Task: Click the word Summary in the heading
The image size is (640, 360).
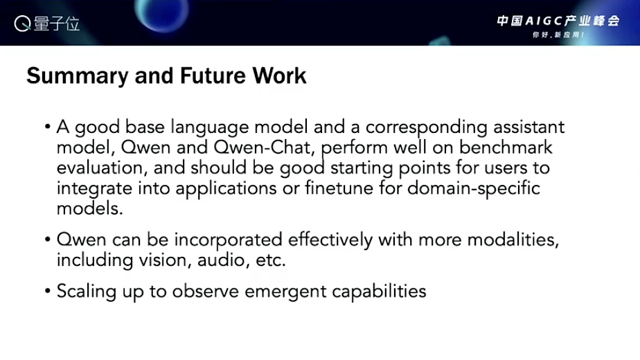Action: pyautogui.click(x=78, y=77)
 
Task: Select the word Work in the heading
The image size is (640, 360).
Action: pyautogui.click(x=279, y=75)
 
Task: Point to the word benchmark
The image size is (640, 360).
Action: pyautogui.click(x=506, y=147)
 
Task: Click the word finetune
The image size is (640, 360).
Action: pyautogui.click(x=339, y=188)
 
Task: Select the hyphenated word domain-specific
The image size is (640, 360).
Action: pyautogui.click(x=474, y=189)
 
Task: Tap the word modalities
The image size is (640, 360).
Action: pyautogui.click(x=513, y=240)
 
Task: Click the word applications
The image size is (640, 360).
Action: pyautogui.click(x=226, y=189)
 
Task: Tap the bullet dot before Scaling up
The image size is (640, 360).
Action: pyautogui.click(x=48, y=291)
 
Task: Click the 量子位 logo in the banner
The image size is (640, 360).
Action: pyautogui.click(x=47, y=24)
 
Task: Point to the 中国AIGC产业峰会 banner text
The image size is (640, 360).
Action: pyautogui.click(x=558, y=21)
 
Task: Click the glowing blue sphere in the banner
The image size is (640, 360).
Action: pyautogui.click(x=161, y=12)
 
